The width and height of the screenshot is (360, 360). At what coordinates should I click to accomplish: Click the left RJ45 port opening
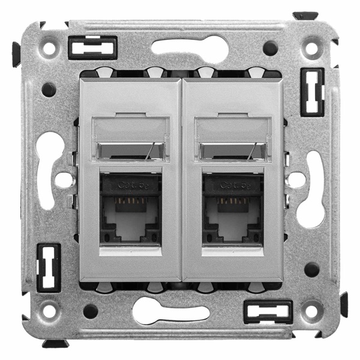130,219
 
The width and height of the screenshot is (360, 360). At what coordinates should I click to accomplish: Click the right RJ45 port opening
233,219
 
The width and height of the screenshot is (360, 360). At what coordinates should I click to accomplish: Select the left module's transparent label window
130,138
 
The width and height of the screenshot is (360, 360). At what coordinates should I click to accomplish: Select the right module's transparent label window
233,138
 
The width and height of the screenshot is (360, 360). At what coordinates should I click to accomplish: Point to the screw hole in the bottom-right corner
311,311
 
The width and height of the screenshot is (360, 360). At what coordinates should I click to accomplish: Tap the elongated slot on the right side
311,189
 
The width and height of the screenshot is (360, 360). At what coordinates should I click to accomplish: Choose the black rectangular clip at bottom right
268,312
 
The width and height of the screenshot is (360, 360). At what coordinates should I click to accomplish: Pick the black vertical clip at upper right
313,91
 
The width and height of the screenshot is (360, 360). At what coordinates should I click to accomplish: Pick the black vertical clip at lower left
49,268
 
